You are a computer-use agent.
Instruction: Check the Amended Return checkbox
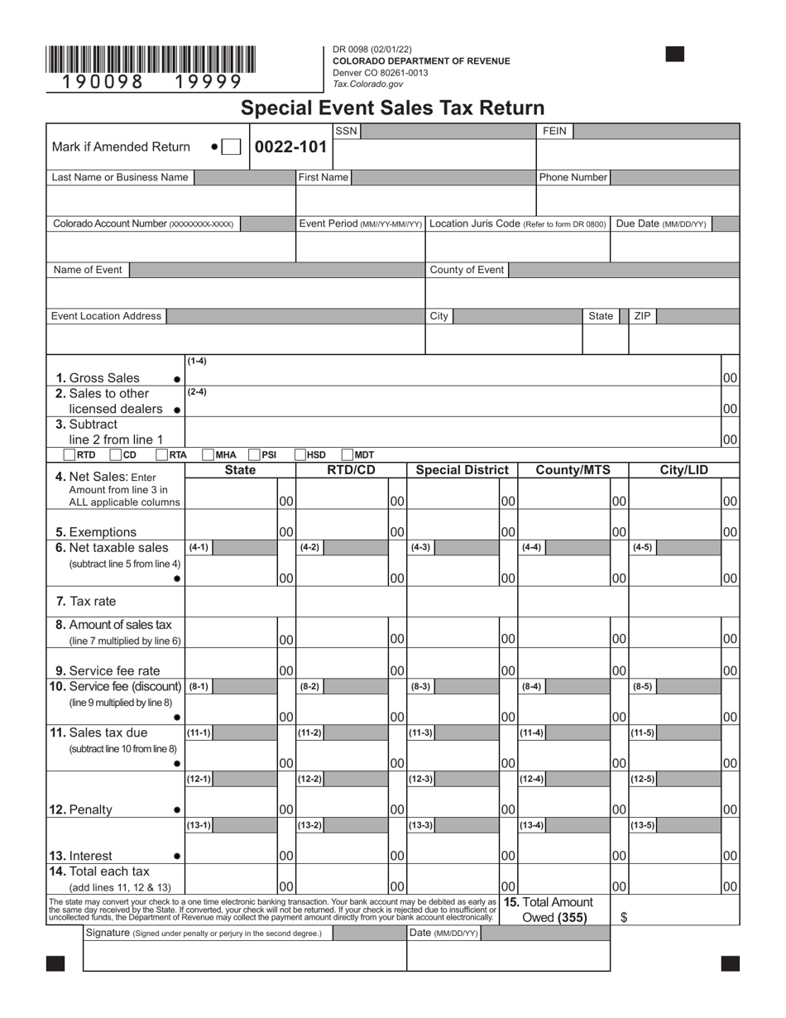pyautogui.click(x=232, y=146)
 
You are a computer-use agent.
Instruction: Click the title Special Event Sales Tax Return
pyautogui.click(x=392, y=108)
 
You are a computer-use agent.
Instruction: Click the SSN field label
pyautogui.click(x=347, y=131)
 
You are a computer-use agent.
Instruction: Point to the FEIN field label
pyautogui.click(x=554, y=131)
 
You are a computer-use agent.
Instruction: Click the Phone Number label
pyautogui.click(x=573, y=177)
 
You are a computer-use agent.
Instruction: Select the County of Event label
pyautogui.click(x=466, y=270)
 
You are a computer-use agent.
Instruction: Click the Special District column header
pyautogui.click(x=462, y=470)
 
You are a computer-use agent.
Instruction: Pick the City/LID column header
pyautogui.click(x=683, y=470)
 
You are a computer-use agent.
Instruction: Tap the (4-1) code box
pyautogui.click(x=199, y=547)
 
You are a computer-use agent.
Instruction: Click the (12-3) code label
pyautogui.click(x=420, y=779)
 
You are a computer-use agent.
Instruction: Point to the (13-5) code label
pyautogui.click(x=643, y=825)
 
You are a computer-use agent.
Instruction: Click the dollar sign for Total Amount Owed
pyautogui.click(x=624, y=917)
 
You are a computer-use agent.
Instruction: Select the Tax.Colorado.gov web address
pyautogui.click(x=367, y=84)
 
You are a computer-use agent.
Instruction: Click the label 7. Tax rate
pyautogui.click(x=86, y=602)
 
